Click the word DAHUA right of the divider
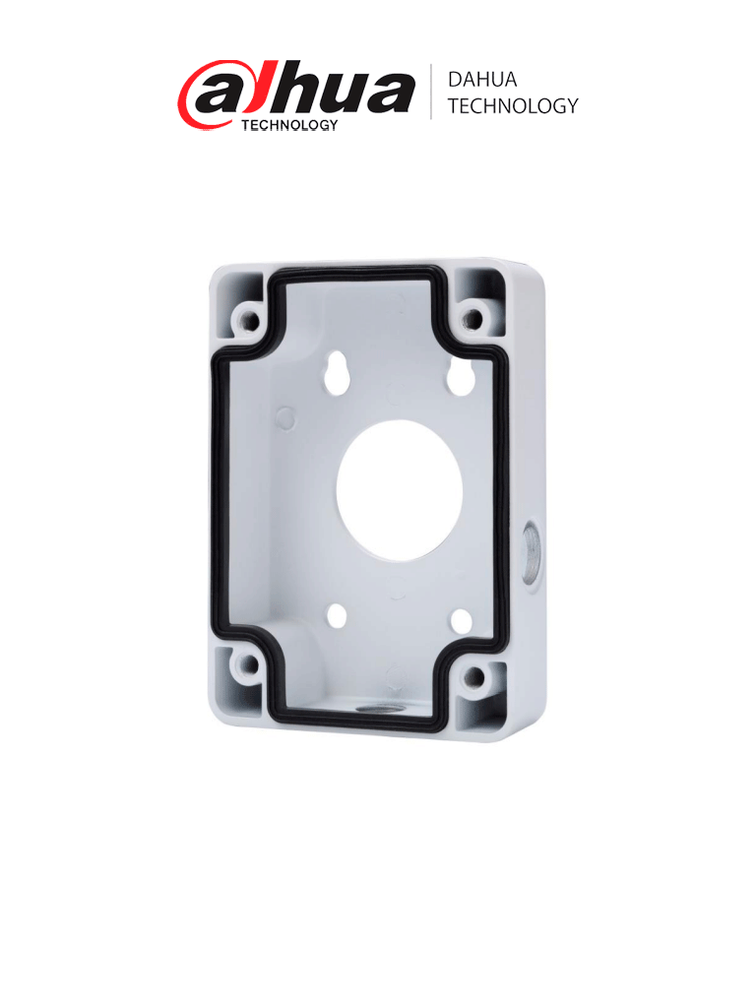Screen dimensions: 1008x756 (481, 81)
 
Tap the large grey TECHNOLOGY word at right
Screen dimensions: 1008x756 (512, 106)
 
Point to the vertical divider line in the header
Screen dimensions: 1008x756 (432, 93)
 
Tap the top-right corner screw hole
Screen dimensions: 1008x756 (474, 318)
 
